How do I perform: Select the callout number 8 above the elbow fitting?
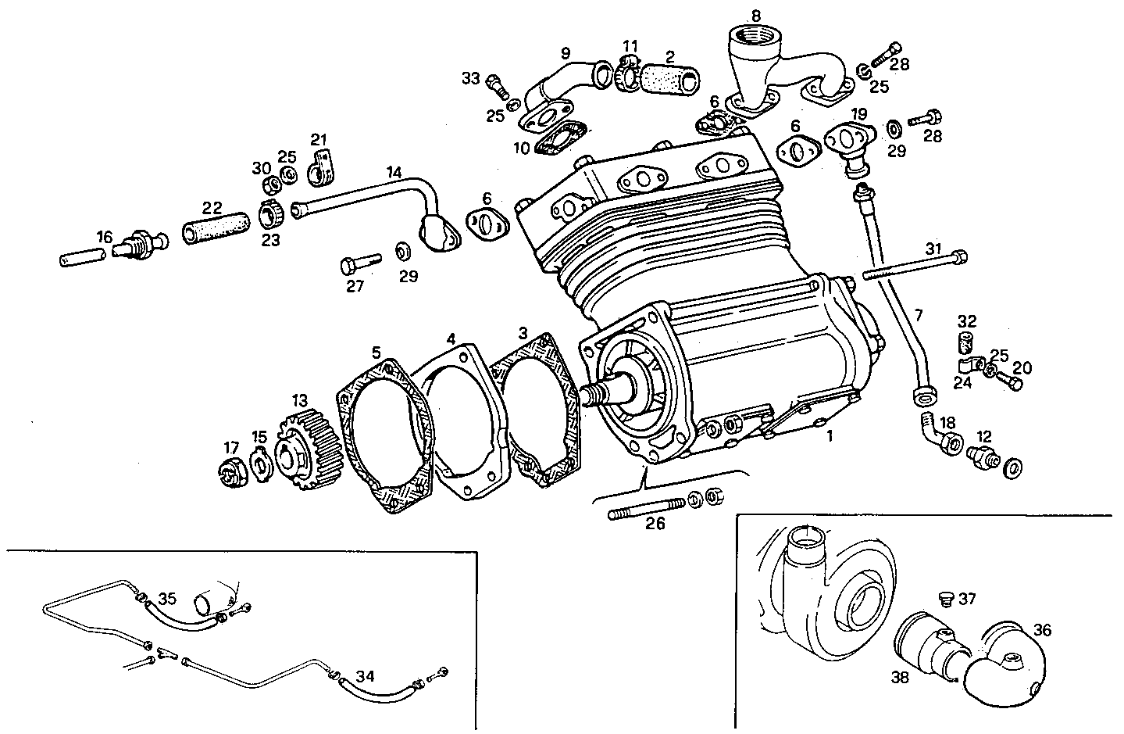(755, 15)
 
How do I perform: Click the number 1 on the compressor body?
(830, 436)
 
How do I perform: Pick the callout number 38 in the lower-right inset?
(900, 678)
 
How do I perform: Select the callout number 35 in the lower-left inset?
(167, 600)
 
